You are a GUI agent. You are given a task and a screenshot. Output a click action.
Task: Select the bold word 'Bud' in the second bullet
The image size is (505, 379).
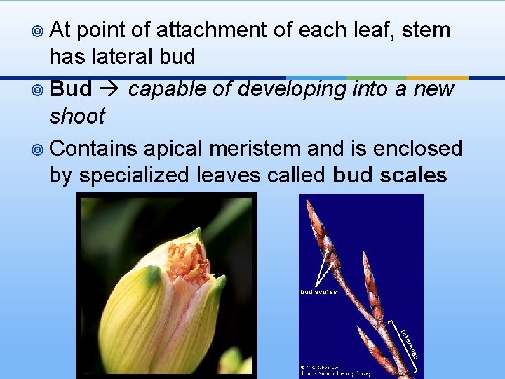click(72, 90)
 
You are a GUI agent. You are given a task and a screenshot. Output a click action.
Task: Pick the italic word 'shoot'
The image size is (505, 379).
click(76, 116)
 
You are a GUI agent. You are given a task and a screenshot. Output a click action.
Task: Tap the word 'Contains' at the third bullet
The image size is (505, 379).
click(94, 148)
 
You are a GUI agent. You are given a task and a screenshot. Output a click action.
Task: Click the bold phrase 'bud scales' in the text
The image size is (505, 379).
click(389, 175)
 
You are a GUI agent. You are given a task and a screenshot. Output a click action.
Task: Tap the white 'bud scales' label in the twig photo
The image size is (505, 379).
click(318, 292)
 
